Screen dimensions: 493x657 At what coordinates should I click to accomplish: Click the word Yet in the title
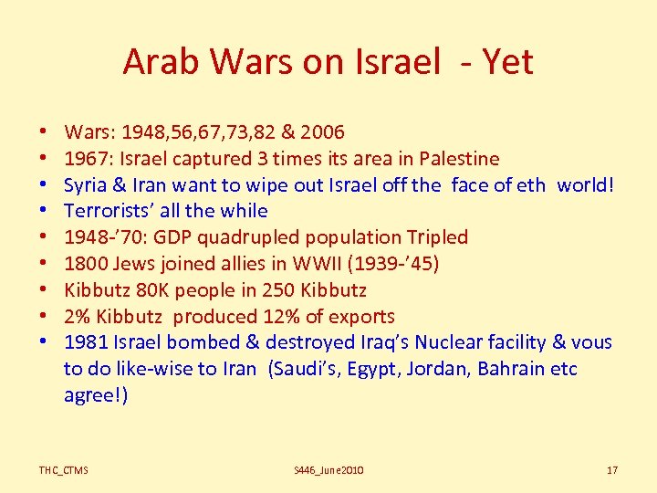(x=507, y=62)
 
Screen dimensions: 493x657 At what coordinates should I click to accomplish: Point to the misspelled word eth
(x=530, y=184)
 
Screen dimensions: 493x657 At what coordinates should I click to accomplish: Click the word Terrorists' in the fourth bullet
(x=109, y=211)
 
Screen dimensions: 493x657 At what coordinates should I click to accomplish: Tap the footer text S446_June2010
(x=328, y=470)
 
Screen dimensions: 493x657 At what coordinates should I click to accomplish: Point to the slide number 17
(x=612, y=470)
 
